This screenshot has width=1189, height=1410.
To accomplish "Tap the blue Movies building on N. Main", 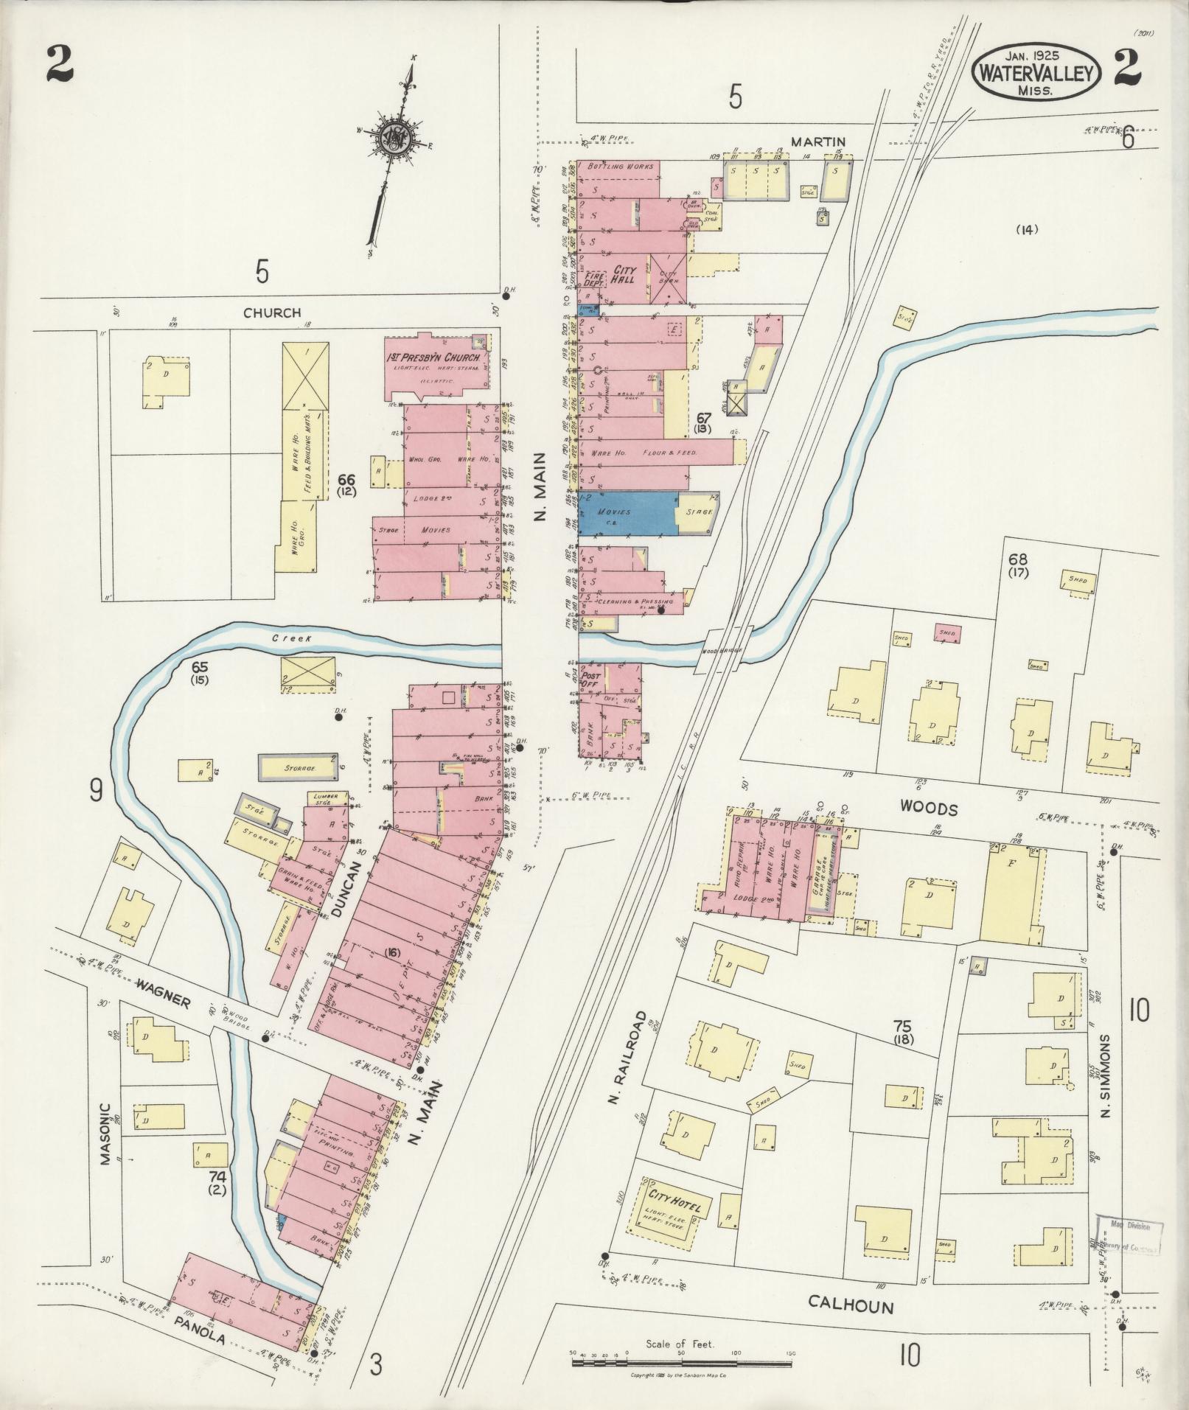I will coord(627,512).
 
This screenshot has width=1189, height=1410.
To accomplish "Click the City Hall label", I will coord(621,276).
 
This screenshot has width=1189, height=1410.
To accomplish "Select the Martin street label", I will coord(818,142).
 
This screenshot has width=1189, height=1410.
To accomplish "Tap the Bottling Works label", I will coord(620,167).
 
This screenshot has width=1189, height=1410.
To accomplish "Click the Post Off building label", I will coord(591,680).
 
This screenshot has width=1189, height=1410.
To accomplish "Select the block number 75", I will coord(902,1025).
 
